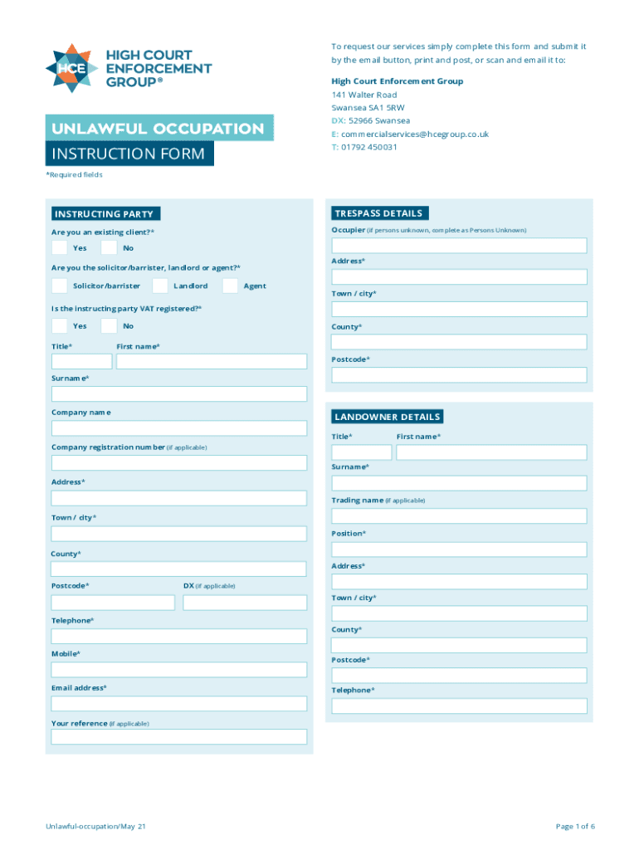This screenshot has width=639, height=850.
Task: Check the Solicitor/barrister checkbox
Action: coord(59,286)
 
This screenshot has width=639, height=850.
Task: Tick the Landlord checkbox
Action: coord(160,286)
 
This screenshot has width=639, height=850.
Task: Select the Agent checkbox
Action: coord(230,286)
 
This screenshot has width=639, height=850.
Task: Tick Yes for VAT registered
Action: coord(59,326)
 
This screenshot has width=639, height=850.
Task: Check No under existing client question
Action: coord(109,248)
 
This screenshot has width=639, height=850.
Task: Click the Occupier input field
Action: coord(459,246)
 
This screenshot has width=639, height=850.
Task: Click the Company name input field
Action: coord(178,428)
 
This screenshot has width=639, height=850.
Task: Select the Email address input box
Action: coord(178,704)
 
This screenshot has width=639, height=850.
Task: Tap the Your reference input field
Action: coord(178,737)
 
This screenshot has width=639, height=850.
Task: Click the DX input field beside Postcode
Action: coord(245,603)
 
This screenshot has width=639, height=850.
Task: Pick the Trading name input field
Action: coord(459,516)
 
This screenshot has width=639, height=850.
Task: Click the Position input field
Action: coord(459,550)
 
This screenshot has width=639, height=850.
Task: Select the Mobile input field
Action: coord(178,670)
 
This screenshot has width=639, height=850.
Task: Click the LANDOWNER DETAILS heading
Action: coord(388,417)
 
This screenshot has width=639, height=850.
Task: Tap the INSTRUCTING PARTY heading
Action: coord(103,214)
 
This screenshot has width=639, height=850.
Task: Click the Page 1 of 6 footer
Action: coord(575,827)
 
